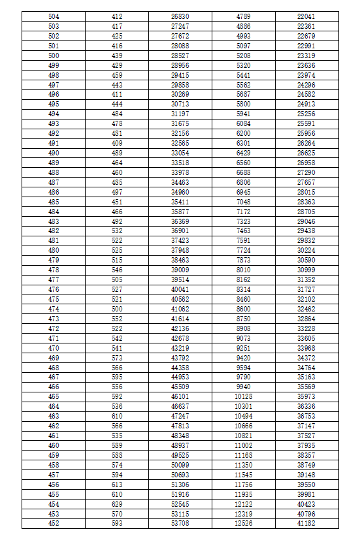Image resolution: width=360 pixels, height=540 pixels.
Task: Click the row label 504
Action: [54, 16]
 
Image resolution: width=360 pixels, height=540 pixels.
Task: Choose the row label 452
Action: [54, 523]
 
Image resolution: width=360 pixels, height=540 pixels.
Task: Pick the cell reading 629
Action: [117, 503]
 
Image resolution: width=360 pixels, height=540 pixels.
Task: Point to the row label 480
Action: [54, 250]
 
